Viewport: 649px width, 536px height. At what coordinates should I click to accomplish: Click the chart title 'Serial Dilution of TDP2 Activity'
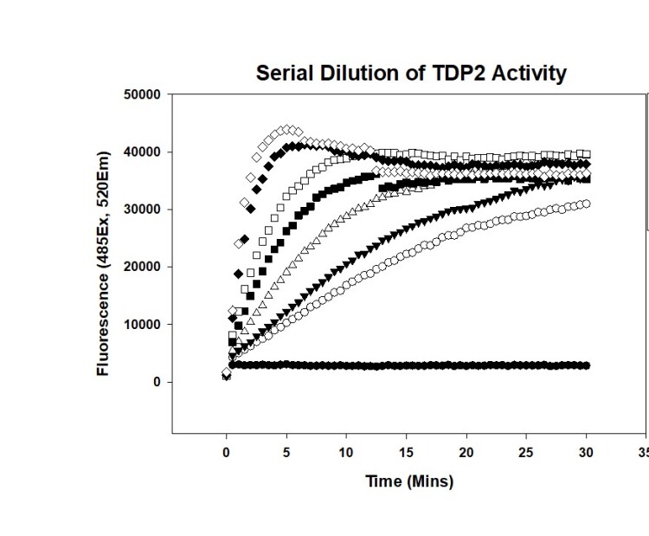[411, 74]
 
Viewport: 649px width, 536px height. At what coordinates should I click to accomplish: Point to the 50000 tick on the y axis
[143, 94]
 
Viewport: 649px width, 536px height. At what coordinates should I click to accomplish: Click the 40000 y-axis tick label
[143, 152]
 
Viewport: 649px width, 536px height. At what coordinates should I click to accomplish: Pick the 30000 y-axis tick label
[143, 210]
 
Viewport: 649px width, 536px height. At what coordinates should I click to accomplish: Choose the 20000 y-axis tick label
[143, 267]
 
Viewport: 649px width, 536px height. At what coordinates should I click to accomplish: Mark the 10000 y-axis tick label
[143, 325]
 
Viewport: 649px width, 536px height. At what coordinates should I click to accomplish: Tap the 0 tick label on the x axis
[227, 451]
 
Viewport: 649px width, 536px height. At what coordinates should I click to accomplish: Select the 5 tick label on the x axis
[286, 451]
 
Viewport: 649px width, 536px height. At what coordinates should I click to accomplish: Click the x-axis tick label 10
[346, 451]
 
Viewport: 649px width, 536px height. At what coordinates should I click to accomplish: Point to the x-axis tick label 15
[407, 451]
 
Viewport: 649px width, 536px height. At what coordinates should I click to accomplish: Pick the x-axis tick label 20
[466, 451]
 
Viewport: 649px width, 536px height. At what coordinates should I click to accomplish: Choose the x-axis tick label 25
[526, 451]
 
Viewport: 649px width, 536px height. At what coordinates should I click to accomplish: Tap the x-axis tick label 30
[587, 451]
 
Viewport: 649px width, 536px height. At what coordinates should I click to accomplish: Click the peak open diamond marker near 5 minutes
[287, 129]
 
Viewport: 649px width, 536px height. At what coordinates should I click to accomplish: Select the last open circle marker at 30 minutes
[587, 203]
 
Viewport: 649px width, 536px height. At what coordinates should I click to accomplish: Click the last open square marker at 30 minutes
[587, 154]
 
